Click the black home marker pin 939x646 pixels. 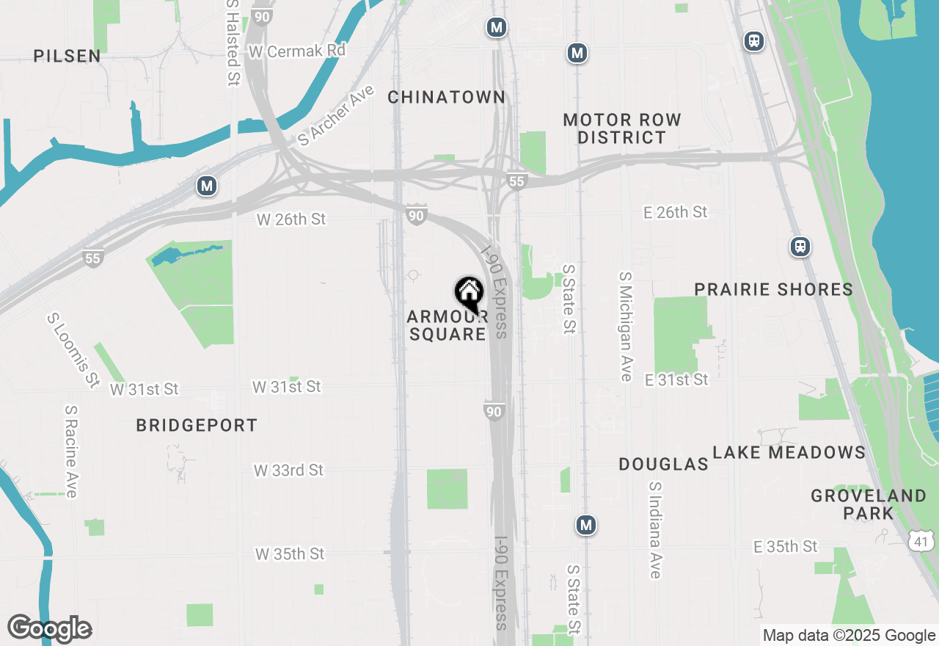coord(469,294)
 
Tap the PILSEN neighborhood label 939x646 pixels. coord(67,56)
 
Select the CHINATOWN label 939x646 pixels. coord(446,97)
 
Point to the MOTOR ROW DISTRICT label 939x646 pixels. coord(622,128)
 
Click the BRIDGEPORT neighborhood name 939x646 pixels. coord(197,425)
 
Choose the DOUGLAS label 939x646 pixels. coord(663,464)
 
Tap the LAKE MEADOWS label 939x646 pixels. coord(789,452)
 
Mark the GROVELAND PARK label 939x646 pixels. coord(869,504)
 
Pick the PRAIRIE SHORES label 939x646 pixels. coord(774,289)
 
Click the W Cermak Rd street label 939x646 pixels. coord(296,51)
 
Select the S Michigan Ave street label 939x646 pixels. coord(626,327)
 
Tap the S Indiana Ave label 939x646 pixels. coord(655,529)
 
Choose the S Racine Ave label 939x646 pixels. coord(70,451)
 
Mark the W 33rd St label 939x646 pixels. coord(288,470)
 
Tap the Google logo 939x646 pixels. coord(49,629)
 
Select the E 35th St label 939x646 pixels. coord(786,546)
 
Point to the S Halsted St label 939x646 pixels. coord(233,43)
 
